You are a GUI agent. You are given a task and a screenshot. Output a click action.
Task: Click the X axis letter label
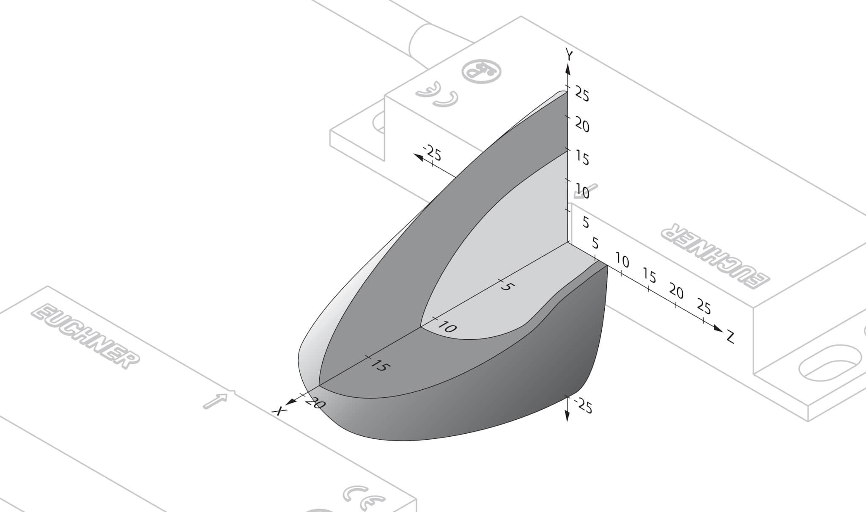pyautogui.click(x=279, y=410)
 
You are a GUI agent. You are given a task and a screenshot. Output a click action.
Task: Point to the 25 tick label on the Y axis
pyautogui.click(x=582, y=95)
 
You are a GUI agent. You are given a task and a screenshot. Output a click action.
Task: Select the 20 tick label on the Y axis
pyautogui.click(x=582, y=126)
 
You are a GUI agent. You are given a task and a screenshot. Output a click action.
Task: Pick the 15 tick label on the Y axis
pyautogui.click(x=582, y=159)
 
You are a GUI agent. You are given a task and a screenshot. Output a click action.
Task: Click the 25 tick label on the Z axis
pyautogui.click(x=704, y=306)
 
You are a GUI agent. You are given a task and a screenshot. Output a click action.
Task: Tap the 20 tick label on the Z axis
pyautogui.click(x=677, y=292)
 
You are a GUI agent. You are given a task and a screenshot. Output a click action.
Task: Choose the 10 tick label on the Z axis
pyautogui.click(x=622, y=261)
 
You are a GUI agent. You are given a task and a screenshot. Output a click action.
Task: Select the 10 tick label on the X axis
pyautogui.click(x=447, y=327)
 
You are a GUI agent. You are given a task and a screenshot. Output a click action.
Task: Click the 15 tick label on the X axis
pyautogui.click(x=378, y=365)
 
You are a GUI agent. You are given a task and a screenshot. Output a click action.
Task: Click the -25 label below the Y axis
pyautogui.click(x=584, y=406)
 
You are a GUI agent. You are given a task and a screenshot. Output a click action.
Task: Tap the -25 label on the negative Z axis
pyautogui.click(x=432, y=153)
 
